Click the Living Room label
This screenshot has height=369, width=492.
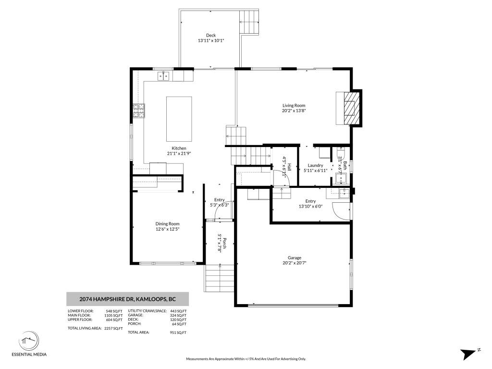pyautogui.click(x=294, y=105)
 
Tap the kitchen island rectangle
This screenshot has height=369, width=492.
pyautogui.click(x=179, y=119)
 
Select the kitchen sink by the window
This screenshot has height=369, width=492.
pyautogui.click(x=163, y=76)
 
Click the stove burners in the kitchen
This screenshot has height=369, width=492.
pyautogui.click(x=139, y=111)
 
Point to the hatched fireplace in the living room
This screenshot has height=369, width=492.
pyautogui.click(x=351, y=108)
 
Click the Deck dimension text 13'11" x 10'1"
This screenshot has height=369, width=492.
pyautogui.click(x=211, y=40)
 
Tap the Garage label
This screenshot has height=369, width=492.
pyautogui.click(x=295, y=258)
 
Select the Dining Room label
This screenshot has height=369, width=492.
pyautogui.click(x=168, y=224)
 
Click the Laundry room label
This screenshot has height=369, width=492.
pyautogui.click(x=315, y=165)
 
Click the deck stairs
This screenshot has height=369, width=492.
pyautogui.click(x=249, y=22)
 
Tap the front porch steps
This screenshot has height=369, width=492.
pyautogui.click(x=220, y=279)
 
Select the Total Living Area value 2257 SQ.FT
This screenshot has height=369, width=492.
pyautogui.click(x=113, y=328)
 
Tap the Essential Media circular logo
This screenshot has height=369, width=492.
pyautogui.click(x=29, y=342)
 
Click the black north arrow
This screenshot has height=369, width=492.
pyautogui.click(x=468, y=354)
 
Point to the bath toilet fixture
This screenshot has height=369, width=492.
pyautogui.click(x=340, y=154)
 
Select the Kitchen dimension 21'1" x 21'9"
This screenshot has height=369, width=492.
pyautogui.click(x=179, y=153)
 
